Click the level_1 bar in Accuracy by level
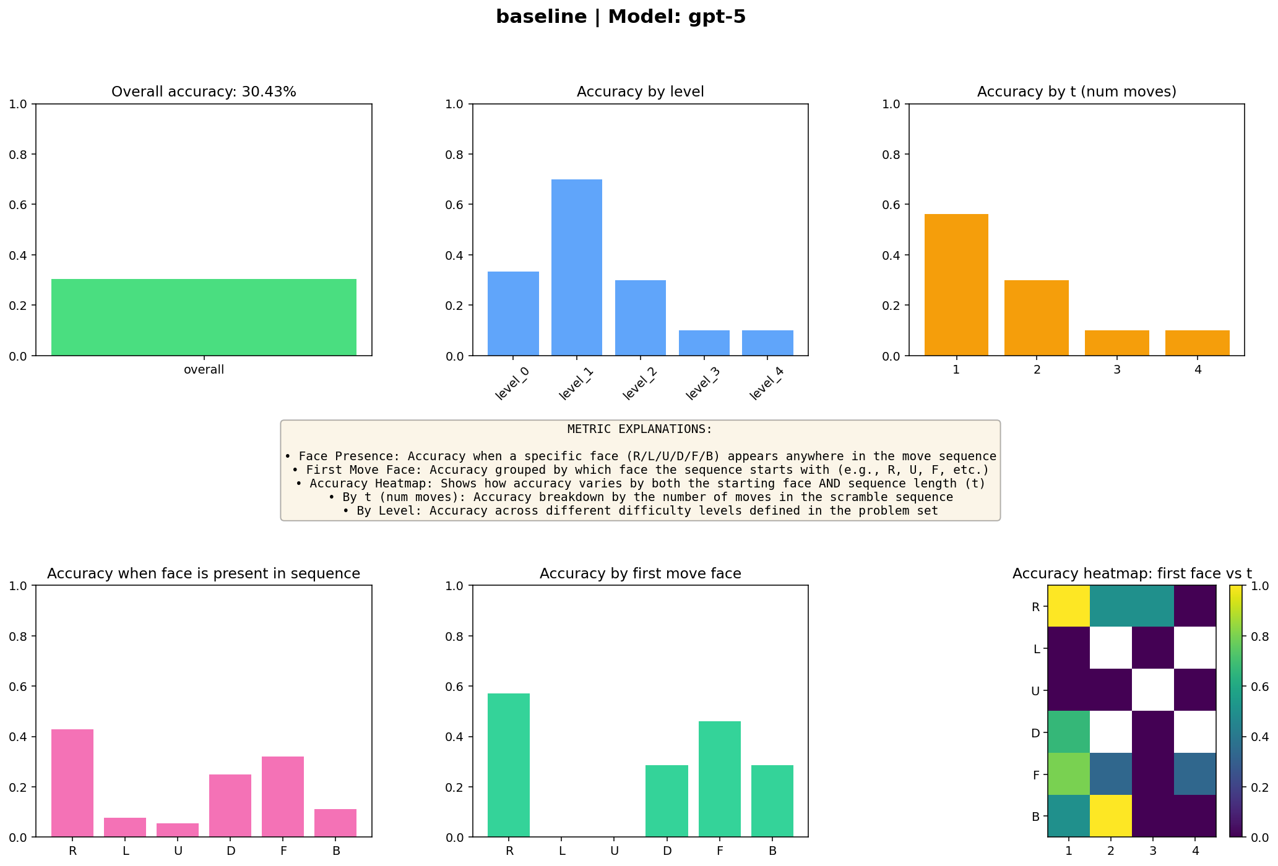pyautogui.click(x=576, y=267)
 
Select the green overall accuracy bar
pyautogui.click(x=204, y=317)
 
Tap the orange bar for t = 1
pyautogui.click(x=956, y=285)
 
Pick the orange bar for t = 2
pyautogui.click(x=1036, y=318)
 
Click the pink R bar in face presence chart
pyautogui.click(x=72, y=783)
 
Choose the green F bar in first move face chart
pyautogui.click(x=719, y=779)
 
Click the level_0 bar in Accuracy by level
pyautogui.click(x=513, y=314)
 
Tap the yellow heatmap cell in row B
pyautogui.click(x=1111, y=816)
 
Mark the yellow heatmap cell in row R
pyautogui.click(x=1069, y=606)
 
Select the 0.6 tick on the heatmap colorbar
pyautogui.click(x=1259, y=686)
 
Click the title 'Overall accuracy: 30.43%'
pyautogui.click(x=204, y=92)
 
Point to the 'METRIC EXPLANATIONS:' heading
pyautogui.click(x=639, y=429)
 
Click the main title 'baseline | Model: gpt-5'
pyautogui.click(x=621, y=17)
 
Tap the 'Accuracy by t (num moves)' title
pyautogui.click(x=1076, y=92)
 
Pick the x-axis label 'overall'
pyautogui.click(x=204, y=370)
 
